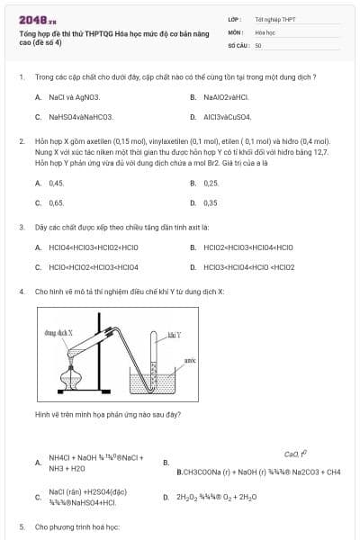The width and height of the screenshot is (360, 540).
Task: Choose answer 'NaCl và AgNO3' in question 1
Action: [74, 96]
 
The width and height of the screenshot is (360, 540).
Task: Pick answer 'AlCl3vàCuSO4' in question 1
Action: [227, 116]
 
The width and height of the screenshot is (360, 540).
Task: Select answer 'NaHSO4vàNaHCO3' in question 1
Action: [80, 116]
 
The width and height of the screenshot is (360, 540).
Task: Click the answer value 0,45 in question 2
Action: [56, 183]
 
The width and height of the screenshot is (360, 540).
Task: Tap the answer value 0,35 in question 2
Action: [211, 202]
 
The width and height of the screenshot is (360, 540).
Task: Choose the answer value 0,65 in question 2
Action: [56, 202]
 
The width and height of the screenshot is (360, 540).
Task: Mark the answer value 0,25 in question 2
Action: [211, 183]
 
